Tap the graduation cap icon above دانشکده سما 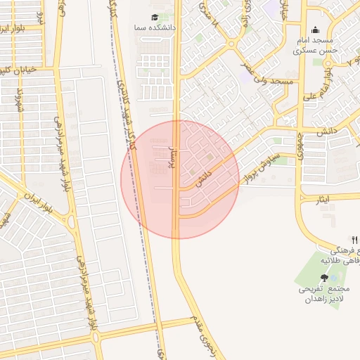(x=155, y=17)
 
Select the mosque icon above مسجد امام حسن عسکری (x=315, y=30)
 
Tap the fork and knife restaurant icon (x=354, y=240)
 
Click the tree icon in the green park (x=323, y=279)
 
